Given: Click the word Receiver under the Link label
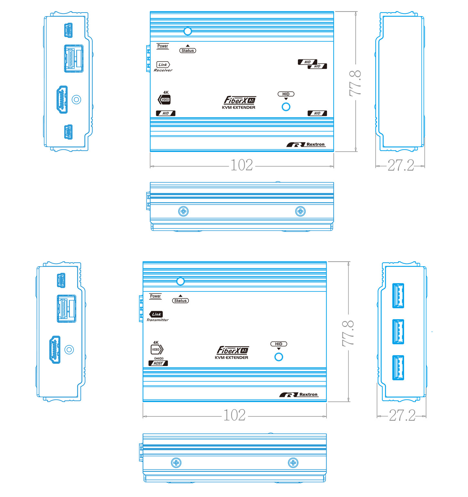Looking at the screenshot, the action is (x=163, y=70).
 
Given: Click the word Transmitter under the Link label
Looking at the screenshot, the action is (x=158, y=320).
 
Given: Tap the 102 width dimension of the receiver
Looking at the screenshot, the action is (x=242, y=165).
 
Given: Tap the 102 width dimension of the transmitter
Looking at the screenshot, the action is (x=235, y=415).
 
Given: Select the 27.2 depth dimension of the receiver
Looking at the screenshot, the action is (x=401, y=165).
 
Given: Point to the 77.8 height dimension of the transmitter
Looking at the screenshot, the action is (x=348, y=333).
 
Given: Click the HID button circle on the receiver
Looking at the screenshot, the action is (x=286, y=107).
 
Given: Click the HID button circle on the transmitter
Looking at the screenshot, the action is (x=279, y=357).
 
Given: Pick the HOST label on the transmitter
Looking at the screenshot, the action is (x=158, y=363).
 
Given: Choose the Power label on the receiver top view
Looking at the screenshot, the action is (x=163, y=46).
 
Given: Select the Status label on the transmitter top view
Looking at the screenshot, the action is (x=180, y=301).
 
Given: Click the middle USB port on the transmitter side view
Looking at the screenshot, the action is (x=398, y=332).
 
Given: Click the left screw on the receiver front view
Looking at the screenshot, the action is (x=183, y=211).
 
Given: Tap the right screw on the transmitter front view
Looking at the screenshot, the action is (x=293, y=463).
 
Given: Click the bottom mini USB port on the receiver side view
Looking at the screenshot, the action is (x=68, y=132).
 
